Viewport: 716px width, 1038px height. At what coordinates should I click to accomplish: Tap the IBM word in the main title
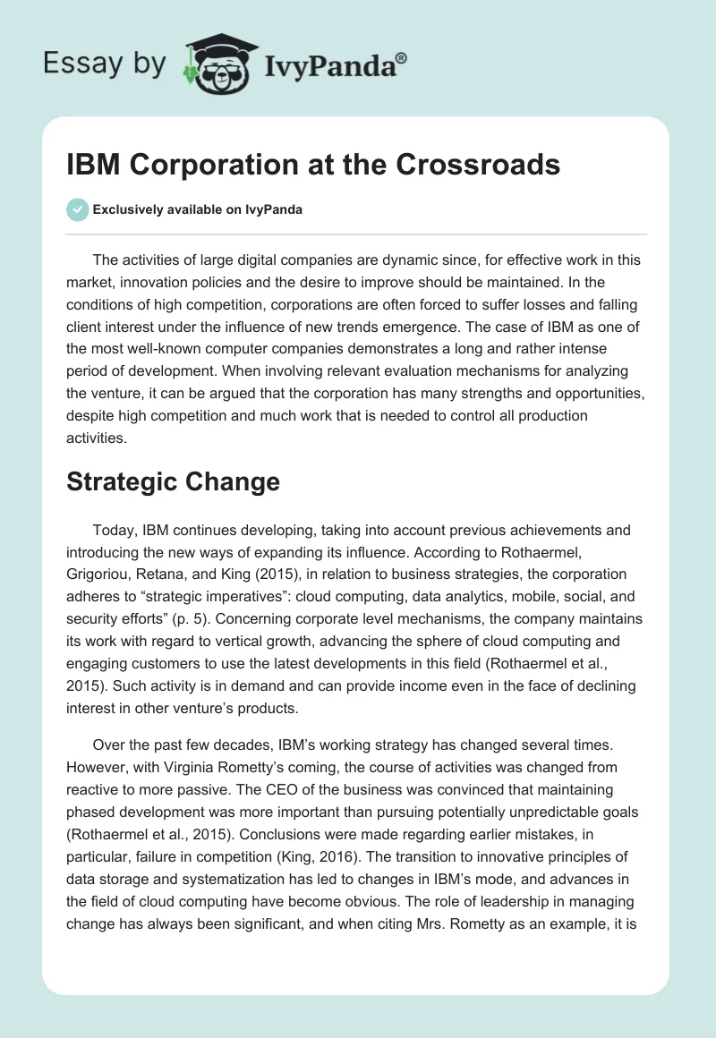pyautogui.click(x=91, y=165)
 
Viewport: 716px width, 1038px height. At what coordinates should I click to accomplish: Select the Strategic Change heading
pyautogui.click(x=173, y=481)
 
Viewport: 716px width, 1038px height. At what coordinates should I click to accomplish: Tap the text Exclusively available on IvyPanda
pyautogui.click(x=197, y=210)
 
